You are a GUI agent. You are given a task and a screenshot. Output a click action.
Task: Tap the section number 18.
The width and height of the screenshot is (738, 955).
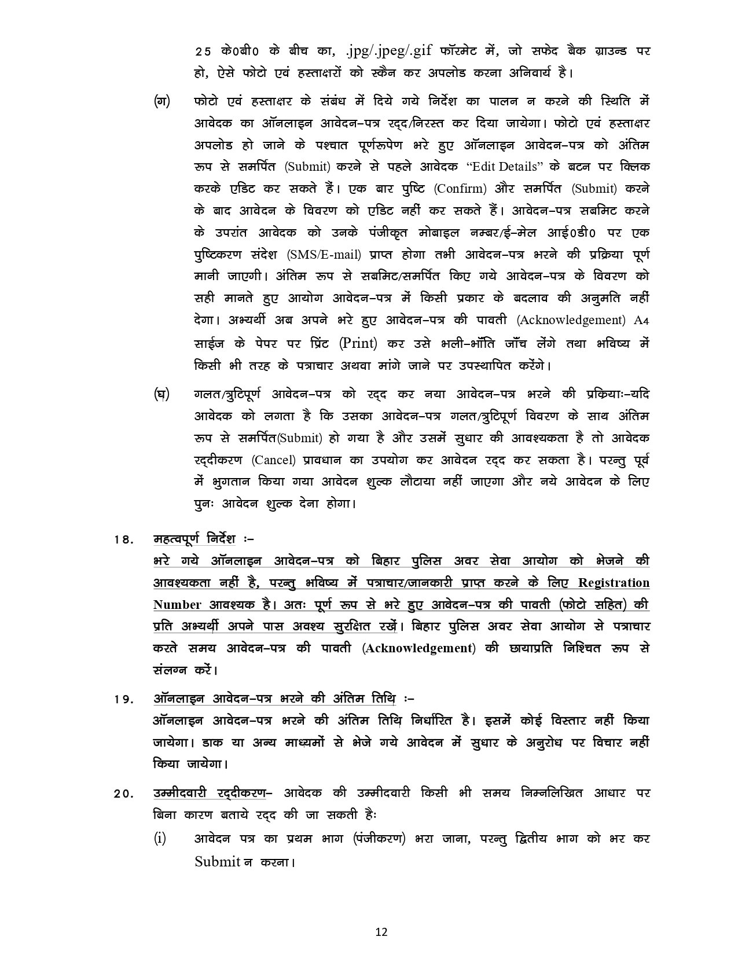(124, 540)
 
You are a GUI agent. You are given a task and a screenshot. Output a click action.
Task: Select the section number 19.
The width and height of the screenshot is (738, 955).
(124, 699)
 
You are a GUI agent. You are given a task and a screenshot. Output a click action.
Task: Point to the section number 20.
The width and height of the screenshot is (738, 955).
(124, 794)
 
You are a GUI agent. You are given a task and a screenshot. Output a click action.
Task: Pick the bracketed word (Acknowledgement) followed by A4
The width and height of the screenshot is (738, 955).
(571, 320)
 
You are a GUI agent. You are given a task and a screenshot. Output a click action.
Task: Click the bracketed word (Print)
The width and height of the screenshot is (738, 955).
(358, 343)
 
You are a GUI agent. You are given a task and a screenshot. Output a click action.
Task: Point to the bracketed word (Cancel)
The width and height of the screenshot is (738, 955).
(274, 460)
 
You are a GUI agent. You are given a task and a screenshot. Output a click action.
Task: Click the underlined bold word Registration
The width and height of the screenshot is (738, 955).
(614, 583)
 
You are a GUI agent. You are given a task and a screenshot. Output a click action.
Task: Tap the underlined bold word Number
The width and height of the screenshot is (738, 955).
(177, 605)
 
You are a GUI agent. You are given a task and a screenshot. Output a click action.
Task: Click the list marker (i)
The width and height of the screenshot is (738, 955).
(160, 838)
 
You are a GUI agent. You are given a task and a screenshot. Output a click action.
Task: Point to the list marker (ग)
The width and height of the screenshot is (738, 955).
(161, 101)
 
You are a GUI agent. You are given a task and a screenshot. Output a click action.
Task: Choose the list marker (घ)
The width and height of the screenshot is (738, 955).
(161, 395)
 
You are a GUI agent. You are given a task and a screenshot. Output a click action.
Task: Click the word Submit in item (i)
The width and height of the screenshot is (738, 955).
(217, 861)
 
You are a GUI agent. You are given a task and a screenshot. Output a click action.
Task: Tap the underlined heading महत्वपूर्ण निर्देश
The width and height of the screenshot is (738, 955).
(194, 539)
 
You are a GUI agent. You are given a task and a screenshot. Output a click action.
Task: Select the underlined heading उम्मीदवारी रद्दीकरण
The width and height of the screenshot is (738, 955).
(209, 793)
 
